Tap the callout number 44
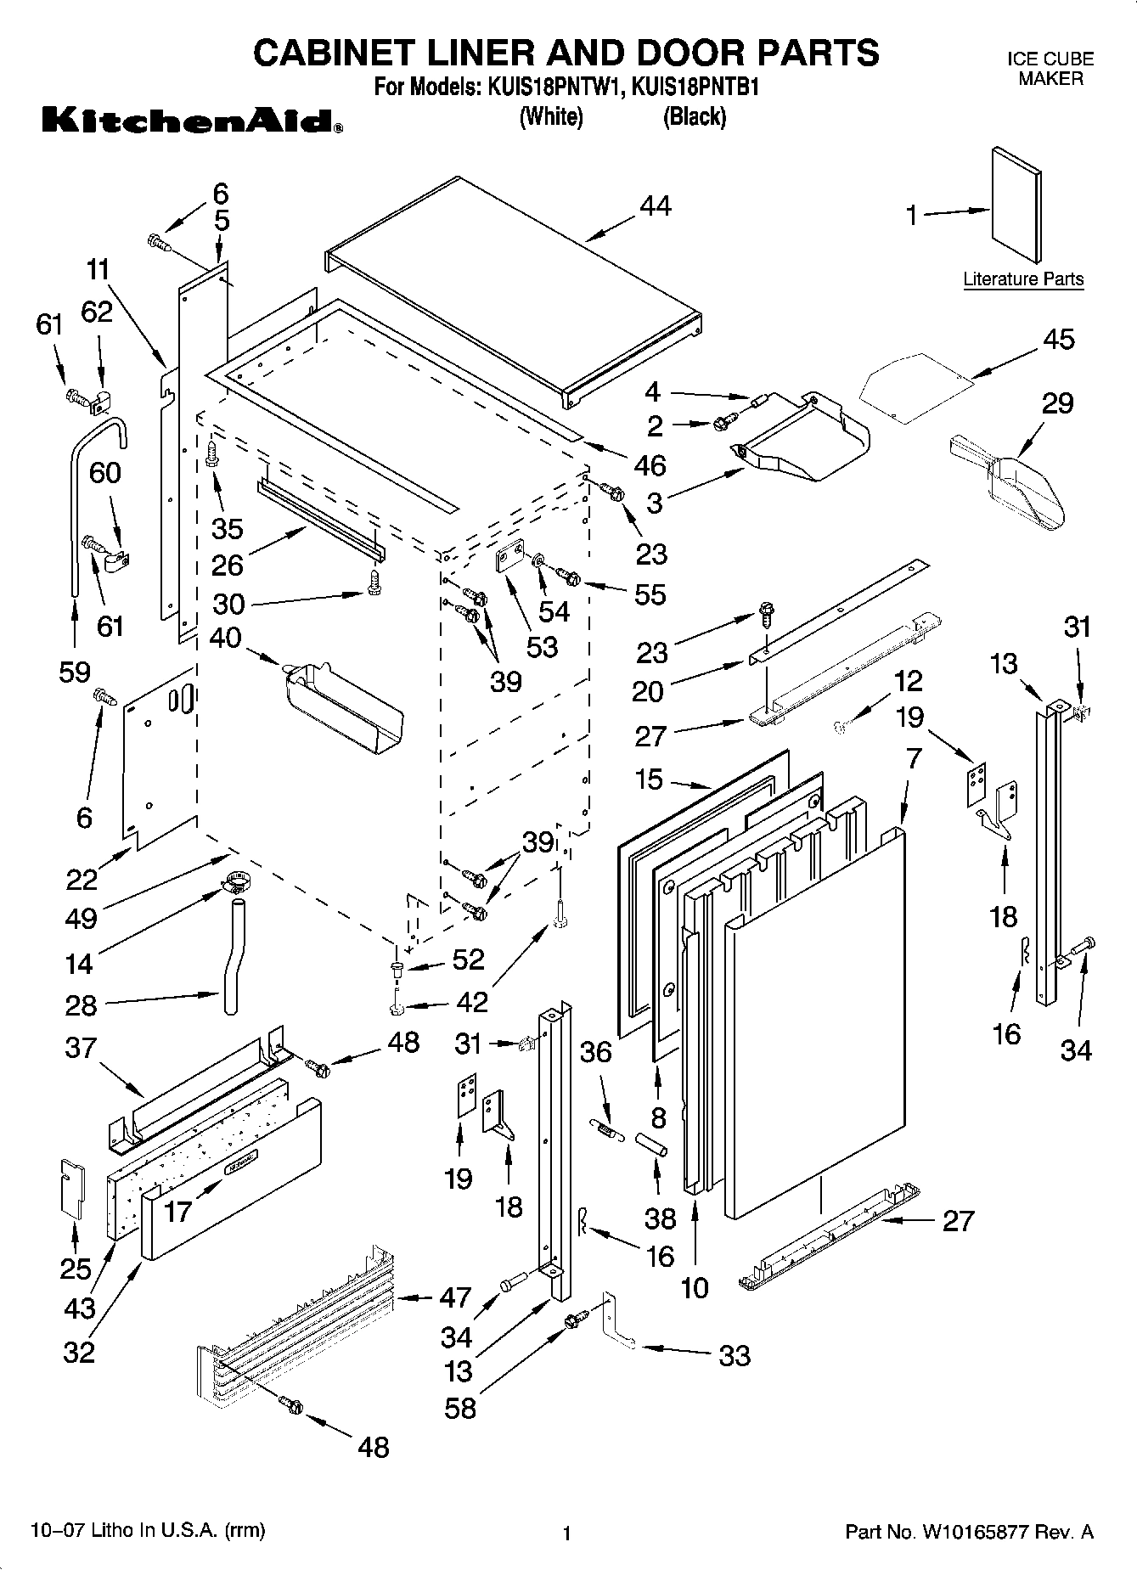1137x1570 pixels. click(x=655, y=205)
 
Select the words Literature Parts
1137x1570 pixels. click(x=1023, y=279)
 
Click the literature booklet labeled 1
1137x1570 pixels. click(x=1016, y=205)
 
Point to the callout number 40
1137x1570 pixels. click(x=225, y=638)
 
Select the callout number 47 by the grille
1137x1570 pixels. click(x=455, y=1297)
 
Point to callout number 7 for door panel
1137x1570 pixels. click(x=913, y=758)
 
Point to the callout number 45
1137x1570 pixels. click(x=1057, y=339)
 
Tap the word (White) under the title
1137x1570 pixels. click(x=551, y=116)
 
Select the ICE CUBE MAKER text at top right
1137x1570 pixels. click(x=1050, y=69)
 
